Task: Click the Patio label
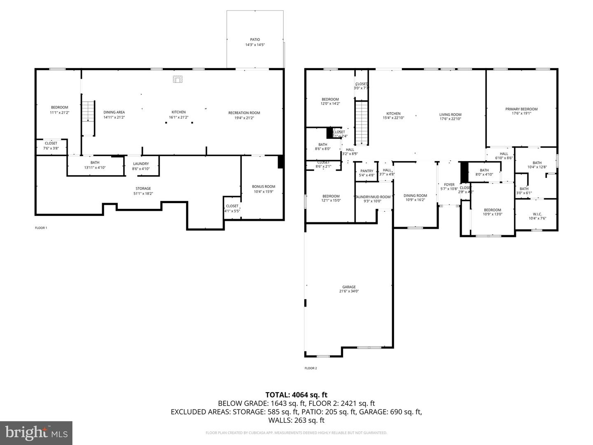255,40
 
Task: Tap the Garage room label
349,287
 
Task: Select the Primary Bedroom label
521,109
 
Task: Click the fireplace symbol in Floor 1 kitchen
177,79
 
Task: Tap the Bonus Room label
264,187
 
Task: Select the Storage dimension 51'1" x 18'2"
143,193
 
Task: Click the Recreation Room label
244,113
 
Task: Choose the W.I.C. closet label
537,214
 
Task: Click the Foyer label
449,185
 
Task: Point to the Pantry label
367,171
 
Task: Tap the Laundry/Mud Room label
373,197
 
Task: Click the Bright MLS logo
36,433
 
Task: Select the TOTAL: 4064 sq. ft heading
296,395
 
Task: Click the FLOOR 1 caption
41,228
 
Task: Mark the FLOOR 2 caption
311,368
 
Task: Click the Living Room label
450,115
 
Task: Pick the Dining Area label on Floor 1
114,112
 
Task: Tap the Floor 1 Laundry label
141,164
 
